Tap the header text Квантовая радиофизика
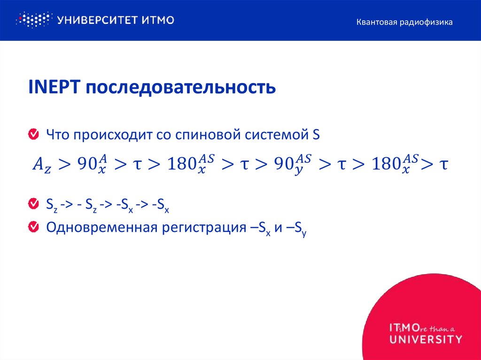(404, 22)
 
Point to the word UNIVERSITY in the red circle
(426, 339)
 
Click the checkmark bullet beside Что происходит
(33, 135)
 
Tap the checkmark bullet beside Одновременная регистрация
(33, 227)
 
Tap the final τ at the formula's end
(442, 164)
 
